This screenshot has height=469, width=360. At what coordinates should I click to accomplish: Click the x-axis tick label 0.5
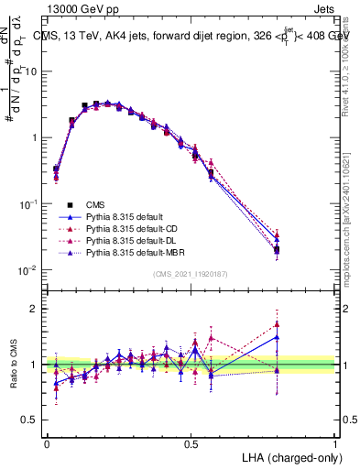coord(191,442)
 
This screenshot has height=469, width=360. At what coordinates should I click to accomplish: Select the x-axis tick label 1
coord(335,442)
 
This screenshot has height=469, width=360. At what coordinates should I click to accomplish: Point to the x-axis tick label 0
coord(47,442)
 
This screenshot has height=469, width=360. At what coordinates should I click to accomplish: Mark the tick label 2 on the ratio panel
coord(36,309)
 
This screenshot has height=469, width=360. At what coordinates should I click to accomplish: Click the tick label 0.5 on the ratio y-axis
coord(31,420)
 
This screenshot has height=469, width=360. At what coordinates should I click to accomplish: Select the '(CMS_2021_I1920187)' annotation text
coord(190,274)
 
